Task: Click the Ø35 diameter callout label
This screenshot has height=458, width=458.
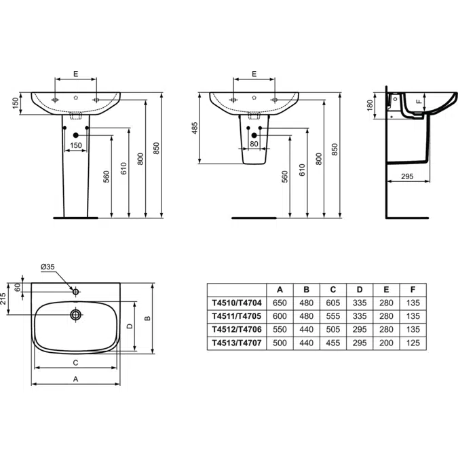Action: click(x=47, y=267)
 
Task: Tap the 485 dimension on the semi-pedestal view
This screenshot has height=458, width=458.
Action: click(x=195, y=128)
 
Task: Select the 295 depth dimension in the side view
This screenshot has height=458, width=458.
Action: click(x=407, y=176)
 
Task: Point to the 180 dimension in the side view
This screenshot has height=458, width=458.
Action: click(x=370, y=105)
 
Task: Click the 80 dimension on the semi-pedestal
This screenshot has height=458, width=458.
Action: click(x=254, y=144)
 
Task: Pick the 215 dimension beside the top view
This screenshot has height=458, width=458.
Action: click(x=3, y=299)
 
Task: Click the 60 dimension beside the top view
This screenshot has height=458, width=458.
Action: click(x=18, y=288)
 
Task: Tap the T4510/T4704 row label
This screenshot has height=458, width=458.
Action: click(x=237, y=303)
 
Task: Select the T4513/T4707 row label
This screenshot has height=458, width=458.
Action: click(x=237, y=343)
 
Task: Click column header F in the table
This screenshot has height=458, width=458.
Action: click(x=413, y=290)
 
